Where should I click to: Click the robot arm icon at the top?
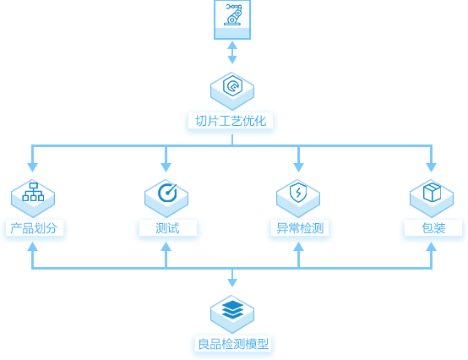232,19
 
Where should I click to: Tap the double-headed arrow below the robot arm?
232,52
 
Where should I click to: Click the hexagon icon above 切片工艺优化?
232,91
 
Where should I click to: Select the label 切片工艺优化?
231,121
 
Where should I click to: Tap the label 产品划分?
34,228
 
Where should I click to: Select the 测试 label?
167,228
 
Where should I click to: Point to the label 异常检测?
300,228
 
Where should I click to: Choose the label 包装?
433,228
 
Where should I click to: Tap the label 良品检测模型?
233,344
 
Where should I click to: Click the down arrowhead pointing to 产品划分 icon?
33,167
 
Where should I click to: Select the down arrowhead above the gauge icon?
166,167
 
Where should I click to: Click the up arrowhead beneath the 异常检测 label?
298,246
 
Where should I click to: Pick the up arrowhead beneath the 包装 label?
432,246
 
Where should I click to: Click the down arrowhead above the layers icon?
232,283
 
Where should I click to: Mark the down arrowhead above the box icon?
432,167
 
